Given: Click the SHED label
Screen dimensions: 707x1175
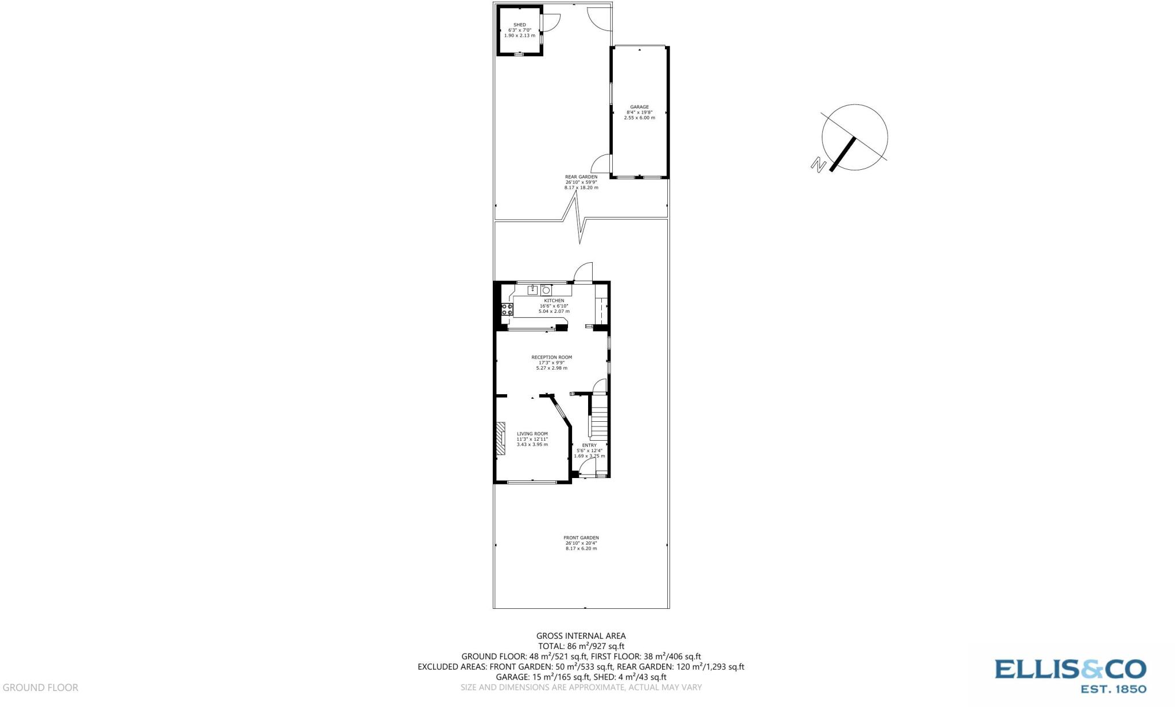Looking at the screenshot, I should click(519, 25).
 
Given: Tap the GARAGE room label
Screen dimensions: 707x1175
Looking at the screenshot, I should click(639, 107).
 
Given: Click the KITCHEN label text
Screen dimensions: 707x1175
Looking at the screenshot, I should click(554, 301).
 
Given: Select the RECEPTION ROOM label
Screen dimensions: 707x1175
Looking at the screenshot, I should click(551, 357).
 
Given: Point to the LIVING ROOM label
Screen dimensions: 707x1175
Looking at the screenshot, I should click(532, 434).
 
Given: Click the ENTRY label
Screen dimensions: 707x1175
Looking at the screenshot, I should click(589, 445).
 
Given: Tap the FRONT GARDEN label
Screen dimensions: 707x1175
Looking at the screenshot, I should click(581, 538).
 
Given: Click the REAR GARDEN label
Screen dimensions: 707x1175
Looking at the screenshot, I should click(581, 177).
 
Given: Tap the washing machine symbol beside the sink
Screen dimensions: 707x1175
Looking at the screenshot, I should click(546, 290).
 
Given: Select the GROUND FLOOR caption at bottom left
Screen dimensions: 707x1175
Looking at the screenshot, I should click(40, 687).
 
